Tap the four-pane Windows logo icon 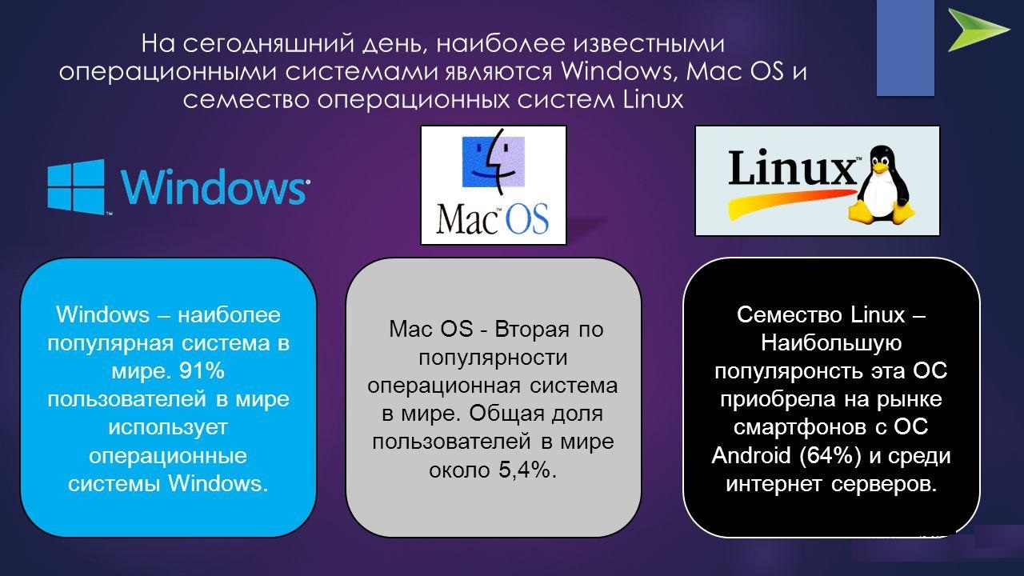click(x=76, y=186)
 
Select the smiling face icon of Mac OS click(x=494, y=162)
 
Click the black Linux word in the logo click(x=792, y=168)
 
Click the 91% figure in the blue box click(x=202, y=370)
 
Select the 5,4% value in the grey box click(x=527, y=470)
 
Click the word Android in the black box click(x=750, y=455)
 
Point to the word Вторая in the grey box click(x=532, y=329)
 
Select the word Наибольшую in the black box click(x=831, y=343)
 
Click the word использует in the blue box click(x=168, y=427)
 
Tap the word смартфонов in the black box click(x=800, y=428)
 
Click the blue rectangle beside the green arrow click(x=905, y=48)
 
